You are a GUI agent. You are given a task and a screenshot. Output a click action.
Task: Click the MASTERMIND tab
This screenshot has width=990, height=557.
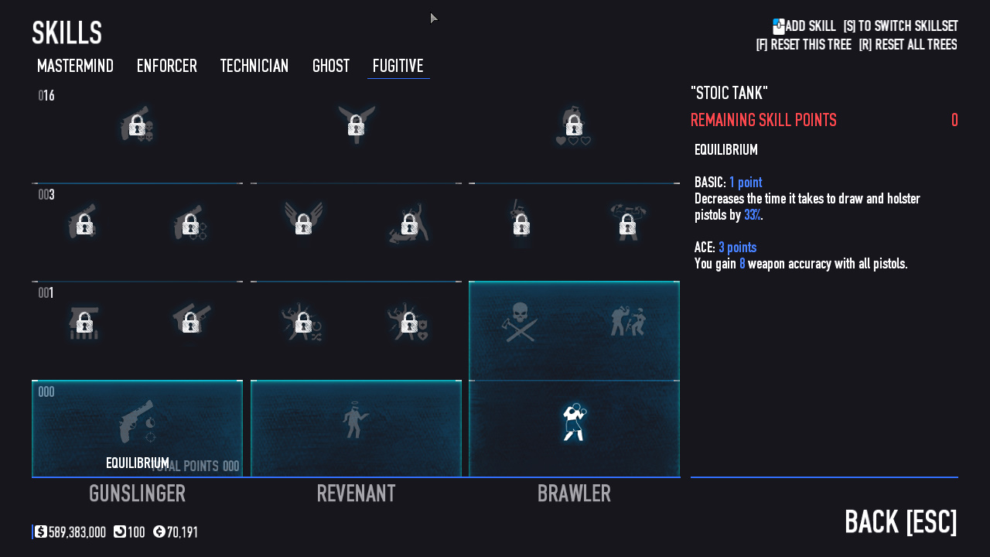click(x=75, y=66)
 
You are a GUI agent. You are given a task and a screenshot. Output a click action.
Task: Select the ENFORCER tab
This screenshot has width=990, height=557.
click(x=166, y=66)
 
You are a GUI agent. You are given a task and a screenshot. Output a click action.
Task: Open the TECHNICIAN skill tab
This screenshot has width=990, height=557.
click(x=254, y=66)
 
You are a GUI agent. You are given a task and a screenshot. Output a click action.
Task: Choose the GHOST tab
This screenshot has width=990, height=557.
click(x=330, y=66)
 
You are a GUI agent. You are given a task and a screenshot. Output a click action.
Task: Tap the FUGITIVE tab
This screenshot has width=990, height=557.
click(x=398, y=66)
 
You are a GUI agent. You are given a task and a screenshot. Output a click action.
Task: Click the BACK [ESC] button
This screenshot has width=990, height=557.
click(x=901, y=522)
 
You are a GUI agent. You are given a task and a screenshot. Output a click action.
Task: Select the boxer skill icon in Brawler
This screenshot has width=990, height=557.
click(x=574, y=422)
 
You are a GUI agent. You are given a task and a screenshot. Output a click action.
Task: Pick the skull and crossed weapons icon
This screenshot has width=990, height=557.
click(x=521, y=323)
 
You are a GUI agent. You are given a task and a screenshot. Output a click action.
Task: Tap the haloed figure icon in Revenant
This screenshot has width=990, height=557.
click(x=355, y=419)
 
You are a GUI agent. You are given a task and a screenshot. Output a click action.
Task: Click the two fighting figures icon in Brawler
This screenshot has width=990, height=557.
click(x=628, y=321)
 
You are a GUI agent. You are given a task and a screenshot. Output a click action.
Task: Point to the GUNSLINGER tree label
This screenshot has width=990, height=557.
click(x=137, y=494)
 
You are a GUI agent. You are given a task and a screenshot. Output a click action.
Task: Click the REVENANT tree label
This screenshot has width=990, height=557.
click(x=357, y=494)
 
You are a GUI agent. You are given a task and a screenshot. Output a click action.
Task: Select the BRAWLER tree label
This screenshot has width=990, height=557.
click(x=574, y=494)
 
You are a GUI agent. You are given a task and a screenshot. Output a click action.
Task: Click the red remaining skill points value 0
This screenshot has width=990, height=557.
click(x=954, y=120)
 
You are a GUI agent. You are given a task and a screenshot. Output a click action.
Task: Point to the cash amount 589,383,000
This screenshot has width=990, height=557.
click(x=77, y=531)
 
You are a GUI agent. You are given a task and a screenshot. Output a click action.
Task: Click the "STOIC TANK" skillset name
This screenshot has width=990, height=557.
click(x=729, y=93)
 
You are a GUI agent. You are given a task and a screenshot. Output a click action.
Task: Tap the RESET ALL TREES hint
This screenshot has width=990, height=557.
click(x=908, y=45)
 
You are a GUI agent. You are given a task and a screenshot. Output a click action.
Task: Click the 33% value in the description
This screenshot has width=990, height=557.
click(x=753, y=215)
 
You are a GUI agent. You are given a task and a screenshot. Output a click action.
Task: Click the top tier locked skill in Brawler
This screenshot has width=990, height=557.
click(x=574, y=125)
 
